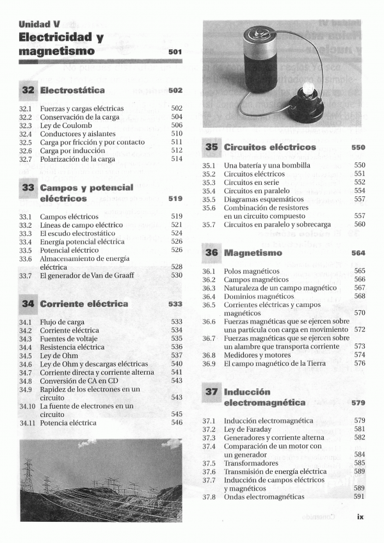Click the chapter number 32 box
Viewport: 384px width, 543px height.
[x=28, y=91]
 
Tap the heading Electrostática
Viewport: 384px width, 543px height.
[x=72, y=91]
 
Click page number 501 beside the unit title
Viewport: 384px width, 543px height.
[x=175, y=52]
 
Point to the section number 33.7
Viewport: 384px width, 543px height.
[x=26, y=276]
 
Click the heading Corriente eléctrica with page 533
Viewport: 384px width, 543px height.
[x=84, y=304]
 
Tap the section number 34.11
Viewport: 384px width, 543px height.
[x=27, y=423]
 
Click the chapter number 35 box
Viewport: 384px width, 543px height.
[x=212, y=147]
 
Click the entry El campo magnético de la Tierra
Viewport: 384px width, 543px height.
[x=275, y=364]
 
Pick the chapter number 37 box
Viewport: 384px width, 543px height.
[x=212, y=391]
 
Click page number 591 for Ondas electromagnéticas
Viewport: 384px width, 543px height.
[x=359, y=497]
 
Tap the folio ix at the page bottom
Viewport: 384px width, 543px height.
[x=360, y=517]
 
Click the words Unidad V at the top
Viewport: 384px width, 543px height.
[x=39, y=24]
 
